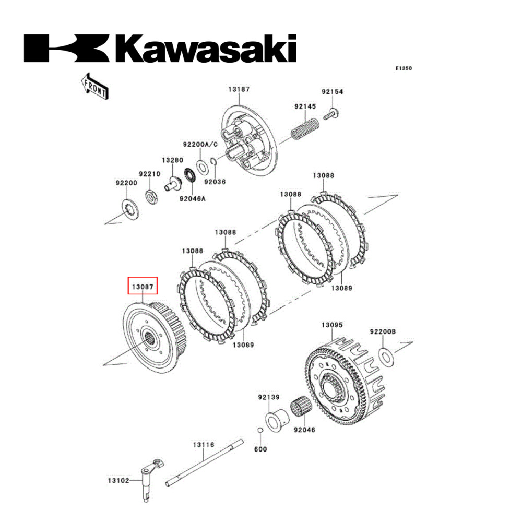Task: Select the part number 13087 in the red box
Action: pos(143,287)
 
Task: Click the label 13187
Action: pos(239,89)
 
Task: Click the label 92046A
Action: pos(192,199)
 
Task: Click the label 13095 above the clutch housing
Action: pos(331,325)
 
